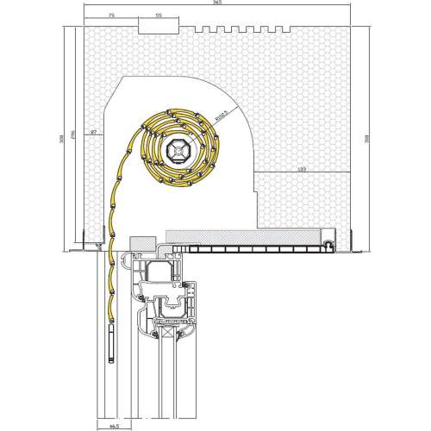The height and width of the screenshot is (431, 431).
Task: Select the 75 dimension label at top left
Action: click(112, 16)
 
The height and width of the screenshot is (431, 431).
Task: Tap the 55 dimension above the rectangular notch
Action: click(159, 16)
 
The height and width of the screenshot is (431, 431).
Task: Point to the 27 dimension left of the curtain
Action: click(92, 131)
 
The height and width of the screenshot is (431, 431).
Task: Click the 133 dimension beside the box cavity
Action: click(301, 170)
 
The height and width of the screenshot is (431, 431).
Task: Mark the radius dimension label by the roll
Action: click(221, 115)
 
